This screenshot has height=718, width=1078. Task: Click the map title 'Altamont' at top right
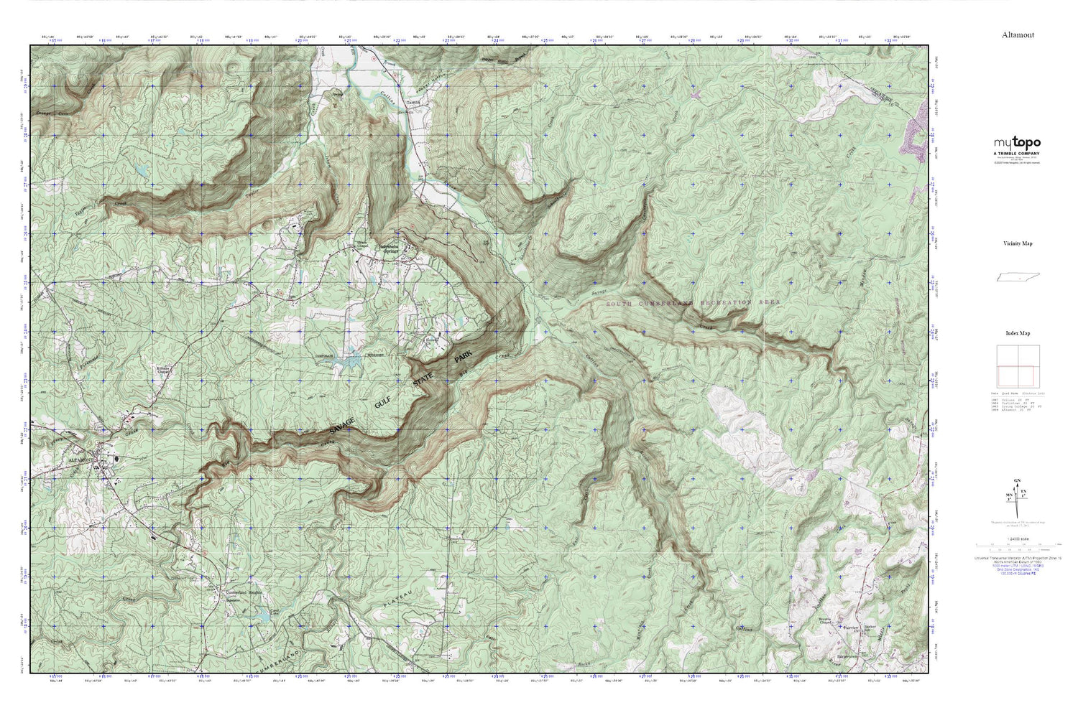1018,34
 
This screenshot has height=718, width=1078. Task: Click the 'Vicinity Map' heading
1018,243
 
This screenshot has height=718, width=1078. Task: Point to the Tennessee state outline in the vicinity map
1018,278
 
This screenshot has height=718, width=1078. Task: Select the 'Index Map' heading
1018,333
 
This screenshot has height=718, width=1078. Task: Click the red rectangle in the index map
1015,376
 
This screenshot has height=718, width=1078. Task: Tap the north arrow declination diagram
1018,495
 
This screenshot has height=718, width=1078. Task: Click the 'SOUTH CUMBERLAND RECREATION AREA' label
693,304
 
